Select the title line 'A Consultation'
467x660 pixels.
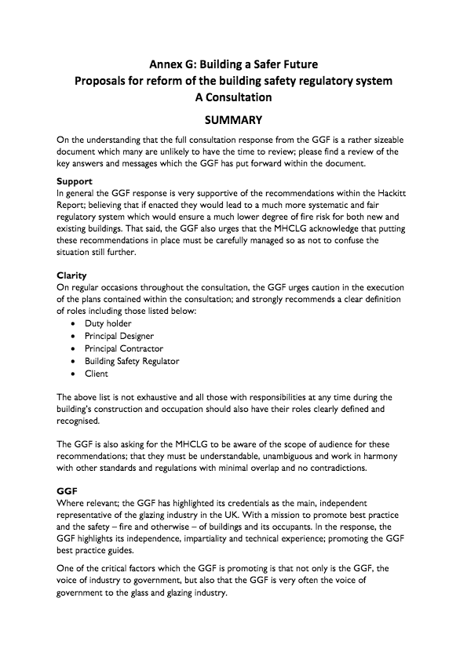point(233,98)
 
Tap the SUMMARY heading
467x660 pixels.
point(233,121)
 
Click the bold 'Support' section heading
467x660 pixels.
point(75,181)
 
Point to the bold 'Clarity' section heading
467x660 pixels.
point(71,275)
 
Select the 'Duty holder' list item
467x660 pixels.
point(108,323)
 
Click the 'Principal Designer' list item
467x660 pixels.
point(119,336)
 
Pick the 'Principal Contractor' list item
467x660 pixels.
point(122,348)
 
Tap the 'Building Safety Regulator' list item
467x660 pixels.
point(132,361)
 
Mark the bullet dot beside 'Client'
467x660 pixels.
point(73,374)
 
